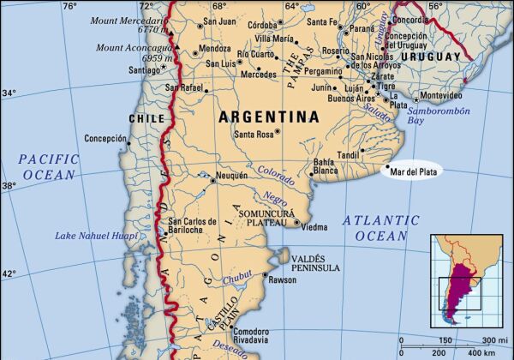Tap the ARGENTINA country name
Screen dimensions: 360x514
(x=268, y=116)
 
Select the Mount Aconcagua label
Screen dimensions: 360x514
(x=133, y=51)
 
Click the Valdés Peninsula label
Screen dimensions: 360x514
(x=315, y=262)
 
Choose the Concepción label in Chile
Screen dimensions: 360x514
(x=105, y=138)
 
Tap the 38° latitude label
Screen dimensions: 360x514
(x=9, y=185)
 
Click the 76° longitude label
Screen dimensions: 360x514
(x=70, y=6)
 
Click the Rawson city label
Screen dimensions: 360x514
(x=283, y=279)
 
